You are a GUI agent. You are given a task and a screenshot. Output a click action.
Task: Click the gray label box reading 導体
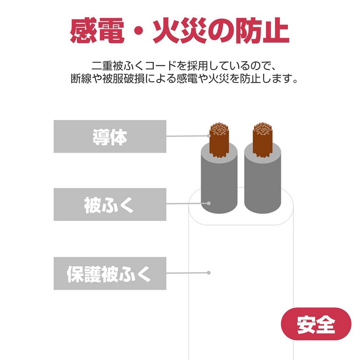pos(110,136)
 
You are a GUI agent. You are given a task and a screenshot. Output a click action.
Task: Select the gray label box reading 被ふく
pos(110,204)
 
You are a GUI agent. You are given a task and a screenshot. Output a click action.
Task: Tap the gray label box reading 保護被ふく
pos(110,273)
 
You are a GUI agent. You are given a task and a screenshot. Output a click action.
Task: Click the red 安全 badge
pos(316,324)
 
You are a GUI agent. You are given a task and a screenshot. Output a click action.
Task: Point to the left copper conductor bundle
pos(219,140)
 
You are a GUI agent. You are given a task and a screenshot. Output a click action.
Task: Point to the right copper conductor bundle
pos(262,140)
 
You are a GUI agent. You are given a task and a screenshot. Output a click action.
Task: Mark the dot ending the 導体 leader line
pos(208,136)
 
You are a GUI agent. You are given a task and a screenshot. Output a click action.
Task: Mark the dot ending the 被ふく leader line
pos(208,203)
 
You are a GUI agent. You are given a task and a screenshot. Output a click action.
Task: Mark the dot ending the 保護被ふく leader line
pos(208,273)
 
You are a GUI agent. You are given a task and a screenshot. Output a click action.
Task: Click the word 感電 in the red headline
pos(97,31)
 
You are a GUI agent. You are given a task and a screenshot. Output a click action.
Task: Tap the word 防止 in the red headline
pos(262,31)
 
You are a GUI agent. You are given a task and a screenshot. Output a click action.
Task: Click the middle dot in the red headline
pos(139,31)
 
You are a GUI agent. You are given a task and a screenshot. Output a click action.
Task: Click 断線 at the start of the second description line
pos(81,79)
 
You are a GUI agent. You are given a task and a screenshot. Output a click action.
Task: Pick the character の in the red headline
pos(221,31)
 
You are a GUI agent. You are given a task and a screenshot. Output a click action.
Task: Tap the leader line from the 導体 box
pos(187,136)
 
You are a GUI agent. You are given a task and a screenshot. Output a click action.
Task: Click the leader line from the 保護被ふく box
pos(187,273)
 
